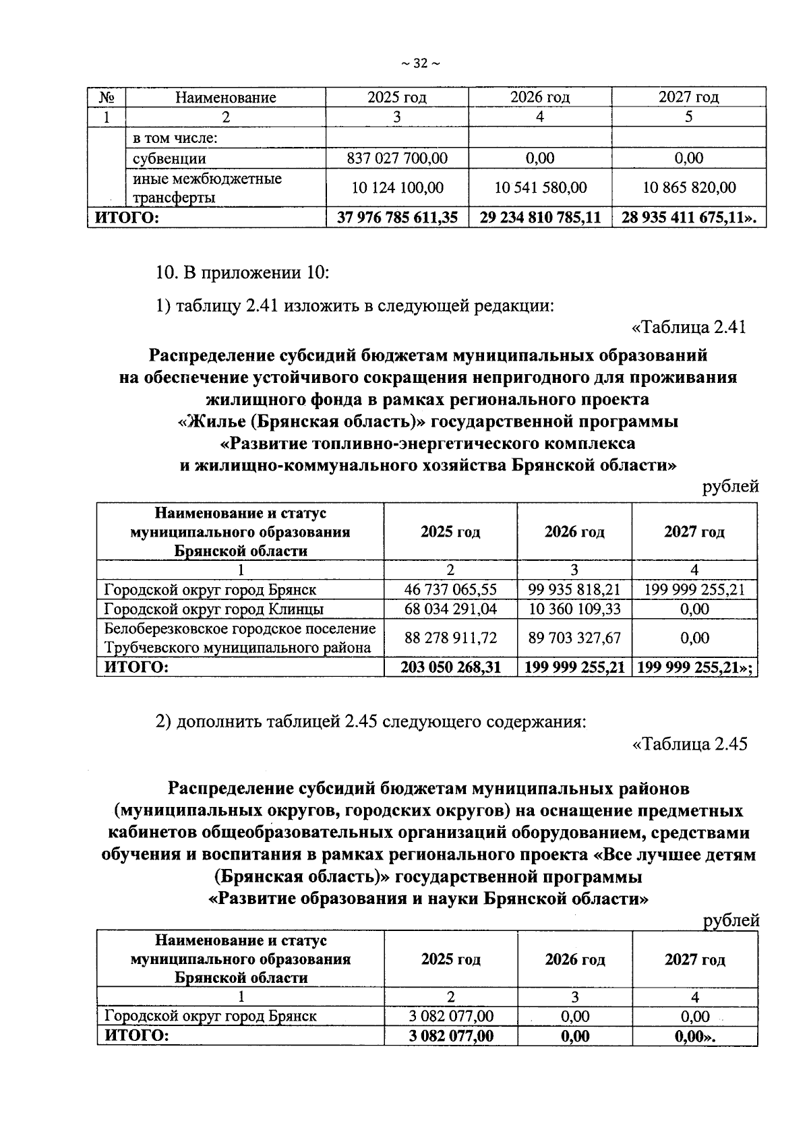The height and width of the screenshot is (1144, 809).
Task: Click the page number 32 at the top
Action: click(420, 64)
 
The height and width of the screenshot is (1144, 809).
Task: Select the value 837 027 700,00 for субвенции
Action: click(396, 158)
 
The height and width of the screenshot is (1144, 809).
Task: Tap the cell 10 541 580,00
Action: click(540, 187)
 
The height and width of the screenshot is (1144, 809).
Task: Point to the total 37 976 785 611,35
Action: click(396, 218)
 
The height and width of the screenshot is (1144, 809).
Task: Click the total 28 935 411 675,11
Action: click(688, 218)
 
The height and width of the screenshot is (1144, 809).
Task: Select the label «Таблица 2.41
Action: click(688, 328)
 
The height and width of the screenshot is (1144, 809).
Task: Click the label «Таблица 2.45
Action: click(688, 744)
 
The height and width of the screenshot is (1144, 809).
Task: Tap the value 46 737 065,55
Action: click(450, 590)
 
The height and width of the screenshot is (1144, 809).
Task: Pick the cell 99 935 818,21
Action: click(574, 590)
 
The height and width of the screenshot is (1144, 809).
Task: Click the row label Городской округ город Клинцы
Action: click(214, 609)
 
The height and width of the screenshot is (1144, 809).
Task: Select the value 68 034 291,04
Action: click(450, 609)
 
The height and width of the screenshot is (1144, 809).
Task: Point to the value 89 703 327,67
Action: click(574, 638)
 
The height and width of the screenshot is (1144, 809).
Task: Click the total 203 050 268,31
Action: click(450, 667)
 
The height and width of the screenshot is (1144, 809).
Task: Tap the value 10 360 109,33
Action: click(574, 609)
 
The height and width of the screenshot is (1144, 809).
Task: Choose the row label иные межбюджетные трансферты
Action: click(207, 188)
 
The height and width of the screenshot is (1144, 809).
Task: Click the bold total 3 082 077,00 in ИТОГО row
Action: click(450, 1036)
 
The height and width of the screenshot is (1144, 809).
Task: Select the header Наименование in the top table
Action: click(226, 97)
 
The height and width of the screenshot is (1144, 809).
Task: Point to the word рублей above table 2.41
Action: click(730, 487)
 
